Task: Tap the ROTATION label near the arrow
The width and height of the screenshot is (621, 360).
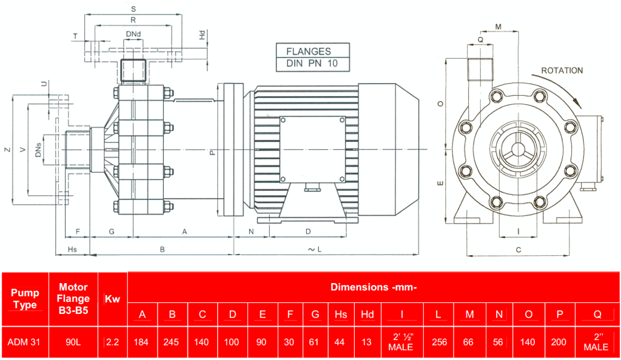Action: coord(562,70)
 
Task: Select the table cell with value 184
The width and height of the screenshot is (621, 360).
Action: coord(143,342)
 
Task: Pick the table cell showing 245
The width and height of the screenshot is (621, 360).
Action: coord(172,342)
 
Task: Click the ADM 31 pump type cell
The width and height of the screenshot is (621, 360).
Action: coord(24,342)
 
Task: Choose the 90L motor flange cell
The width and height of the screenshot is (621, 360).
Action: coord(73,342)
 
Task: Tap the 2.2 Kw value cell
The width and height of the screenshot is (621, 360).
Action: coord(112,342)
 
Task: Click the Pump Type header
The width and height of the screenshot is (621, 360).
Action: coord(25,299)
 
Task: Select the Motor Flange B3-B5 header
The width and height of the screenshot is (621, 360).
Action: coord(73,298)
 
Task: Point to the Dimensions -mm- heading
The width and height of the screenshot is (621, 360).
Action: coord(373,287)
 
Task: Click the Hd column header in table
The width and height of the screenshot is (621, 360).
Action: coord(367,314)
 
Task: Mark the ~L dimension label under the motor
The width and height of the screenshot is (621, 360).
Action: coord(314,249)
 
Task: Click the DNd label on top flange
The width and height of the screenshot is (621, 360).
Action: coord(133,33)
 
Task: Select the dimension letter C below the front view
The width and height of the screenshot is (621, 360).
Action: coord(519,249)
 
